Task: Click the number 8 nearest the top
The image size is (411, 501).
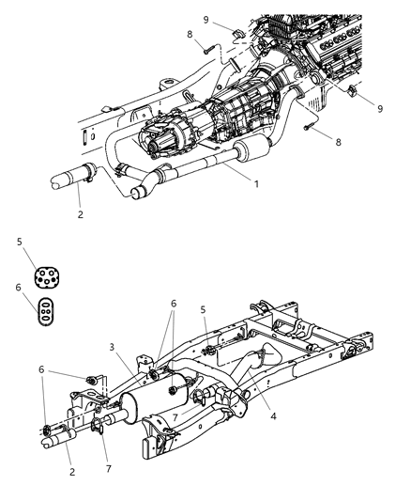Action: [x=190, y=36]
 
